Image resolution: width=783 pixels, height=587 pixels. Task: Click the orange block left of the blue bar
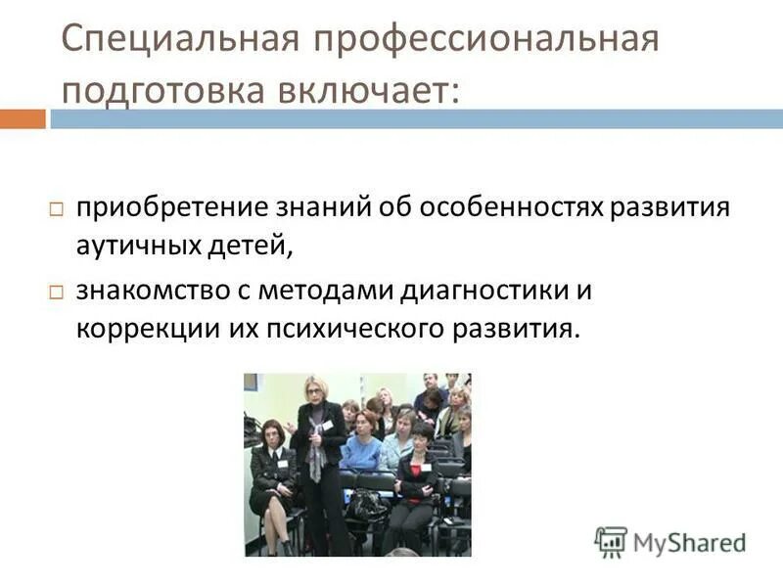(23, 119)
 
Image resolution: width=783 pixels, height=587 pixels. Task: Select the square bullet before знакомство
(57, 293)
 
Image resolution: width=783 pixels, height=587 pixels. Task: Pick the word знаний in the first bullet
(332, 209)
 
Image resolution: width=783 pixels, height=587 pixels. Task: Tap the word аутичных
(141, 245)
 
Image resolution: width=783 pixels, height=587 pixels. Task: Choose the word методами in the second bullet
(326, 291)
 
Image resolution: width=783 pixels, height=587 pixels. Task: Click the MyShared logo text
(687, 541)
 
